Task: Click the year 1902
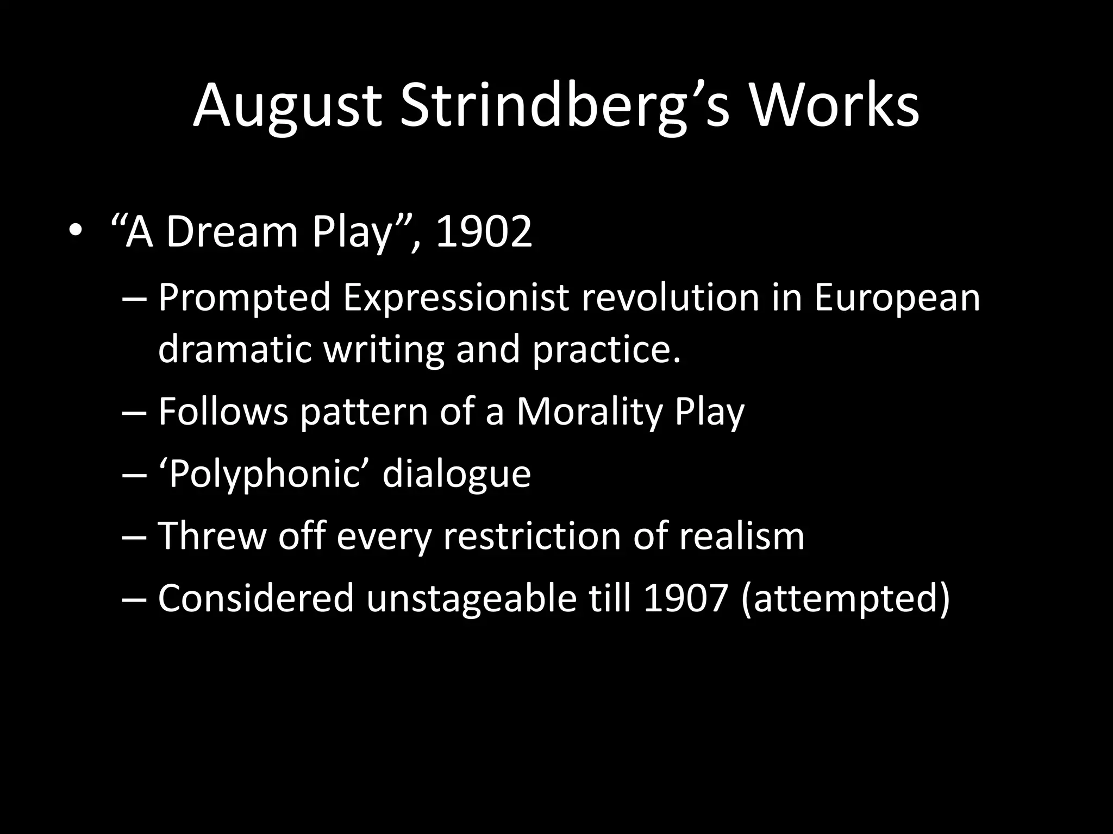click(x=484, y=232)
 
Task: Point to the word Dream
click(x=232, y=232)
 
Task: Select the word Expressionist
click(x=456, y=299)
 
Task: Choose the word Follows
click(x=223, y=412)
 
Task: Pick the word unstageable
click(x=471, y=598)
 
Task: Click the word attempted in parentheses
click(x=845, y=598)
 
